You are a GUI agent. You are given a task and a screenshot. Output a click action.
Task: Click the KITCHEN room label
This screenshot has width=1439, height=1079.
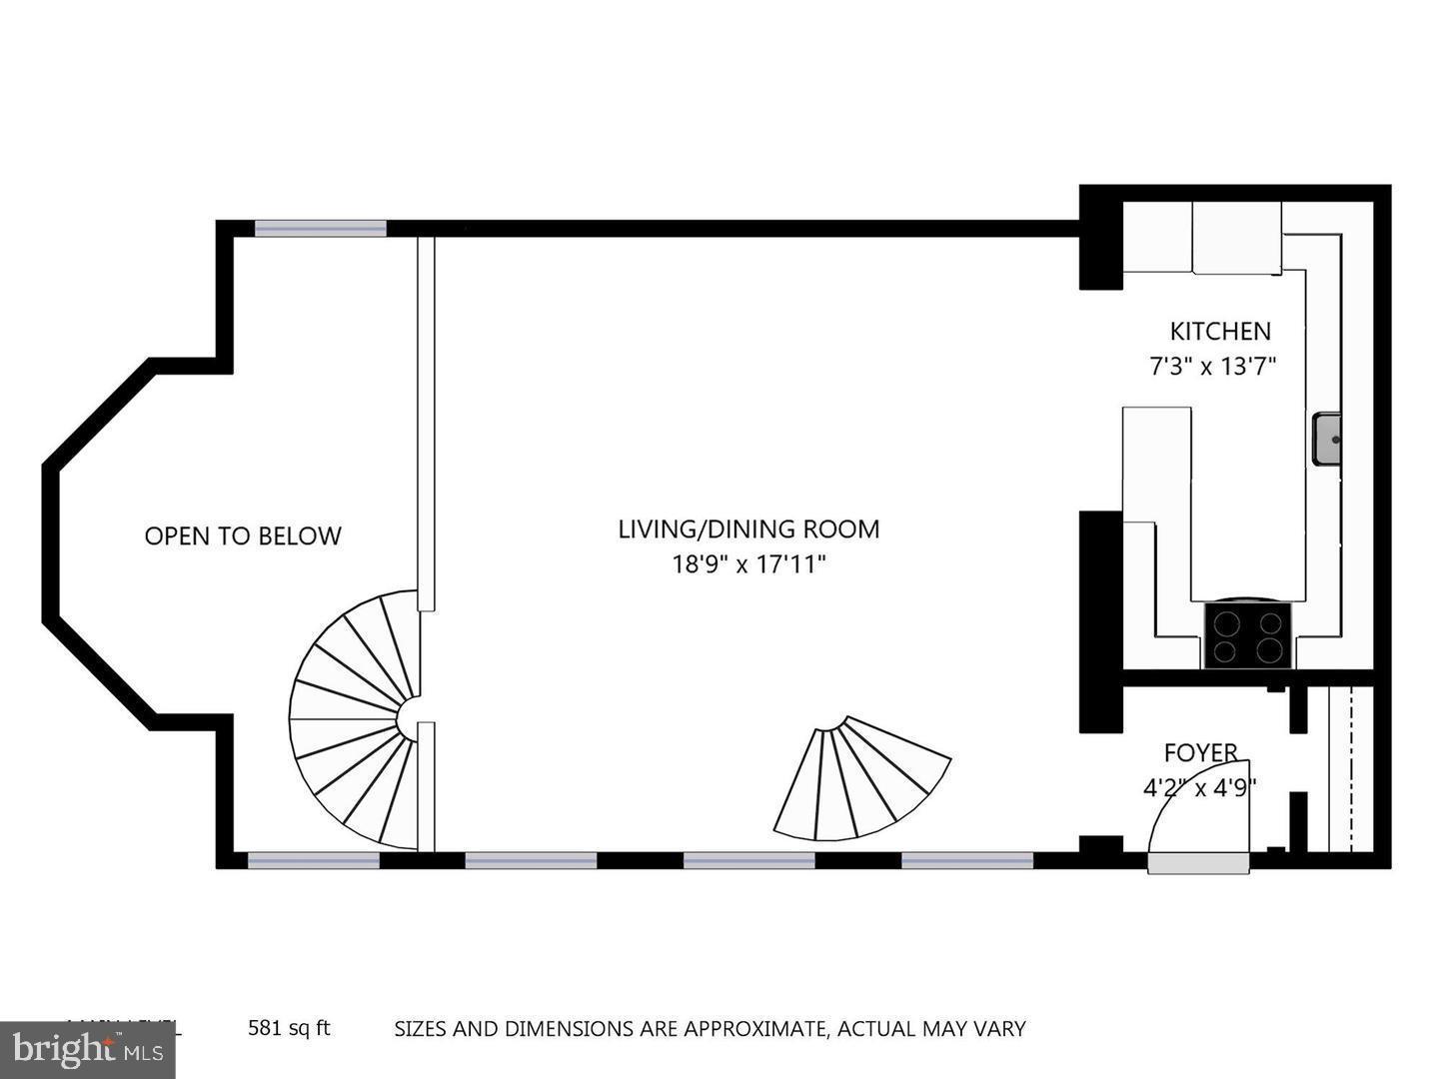[1219, 331]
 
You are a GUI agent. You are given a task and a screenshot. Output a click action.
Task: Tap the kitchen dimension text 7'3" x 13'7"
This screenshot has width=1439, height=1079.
[1213, 367]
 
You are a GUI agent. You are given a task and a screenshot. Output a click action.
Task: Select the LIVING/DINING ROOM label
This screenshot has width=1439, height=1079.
[748, 529]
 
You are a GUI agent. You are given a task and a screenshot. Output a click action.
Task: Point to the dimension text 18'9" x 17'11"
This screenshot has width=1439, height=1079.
[748, 565]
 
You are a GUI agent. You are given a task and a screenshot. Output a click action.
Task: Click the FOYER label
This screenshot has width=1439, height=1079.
[1200, 752]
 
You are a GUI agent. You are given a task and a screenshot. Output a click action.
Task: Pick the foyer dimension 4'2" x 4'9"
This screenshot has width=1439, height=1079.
[1199, 788]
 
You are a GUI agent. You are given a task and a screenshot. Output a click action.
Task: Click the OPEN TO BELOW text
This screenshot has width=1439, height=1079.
[243, 537]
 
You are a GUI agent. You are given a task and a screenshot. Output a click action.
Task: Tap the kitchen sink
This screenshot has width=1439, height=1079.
[1326, 439]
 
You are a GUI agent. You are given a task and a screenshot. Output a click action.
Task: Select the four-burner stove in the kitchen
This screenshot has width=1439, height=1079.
[1247, 635]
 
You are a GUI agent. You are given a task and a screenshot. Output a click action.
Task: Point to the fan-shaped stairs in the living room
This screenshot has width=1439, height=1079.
[859, 779]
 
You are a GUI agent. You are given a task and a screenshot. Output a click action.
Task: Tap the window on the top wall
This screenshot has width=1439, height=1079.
[320, 229]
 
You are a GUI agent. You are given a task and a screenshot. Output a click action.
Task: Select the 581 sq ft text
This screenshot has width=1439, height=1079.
[289, 1027]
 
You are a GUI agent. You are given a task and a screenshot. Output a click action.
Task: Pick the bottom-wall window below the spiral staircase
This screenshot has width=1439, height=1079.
[313, 859]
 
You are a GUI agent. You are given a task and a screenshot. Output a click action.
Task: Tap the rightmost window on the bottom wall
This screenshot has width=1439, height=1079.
[967, 859]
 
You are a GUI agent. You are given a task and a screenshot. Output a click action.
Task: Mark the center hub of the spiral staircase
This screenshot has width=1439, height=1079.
[412, 719]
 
